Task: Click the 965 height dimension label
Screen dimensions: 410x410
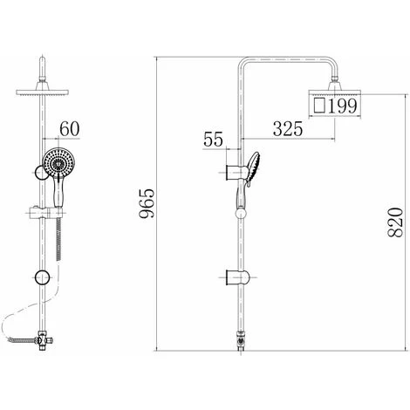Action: [147, 203]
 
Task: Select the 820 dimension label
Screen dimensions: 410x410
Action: [396, 222]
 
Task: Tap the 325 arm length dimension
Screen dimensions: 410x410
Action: [288, 129]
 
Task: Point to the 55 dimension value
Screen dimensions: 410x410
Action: [213, 139]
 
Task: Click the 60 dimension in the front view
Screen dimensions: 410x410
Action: [70, 128]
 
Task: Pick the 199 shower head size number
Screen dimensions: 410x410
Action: [342, 106]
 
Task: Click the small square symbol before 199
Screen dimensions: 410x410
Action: [319, 106]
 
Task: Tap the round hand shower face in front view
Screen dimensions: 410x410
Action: [59, 162]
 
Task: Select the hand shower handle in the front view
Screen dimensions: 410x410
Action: [58, 193]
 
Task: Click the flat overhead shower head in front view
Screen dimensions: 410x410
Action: [42, 92]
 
